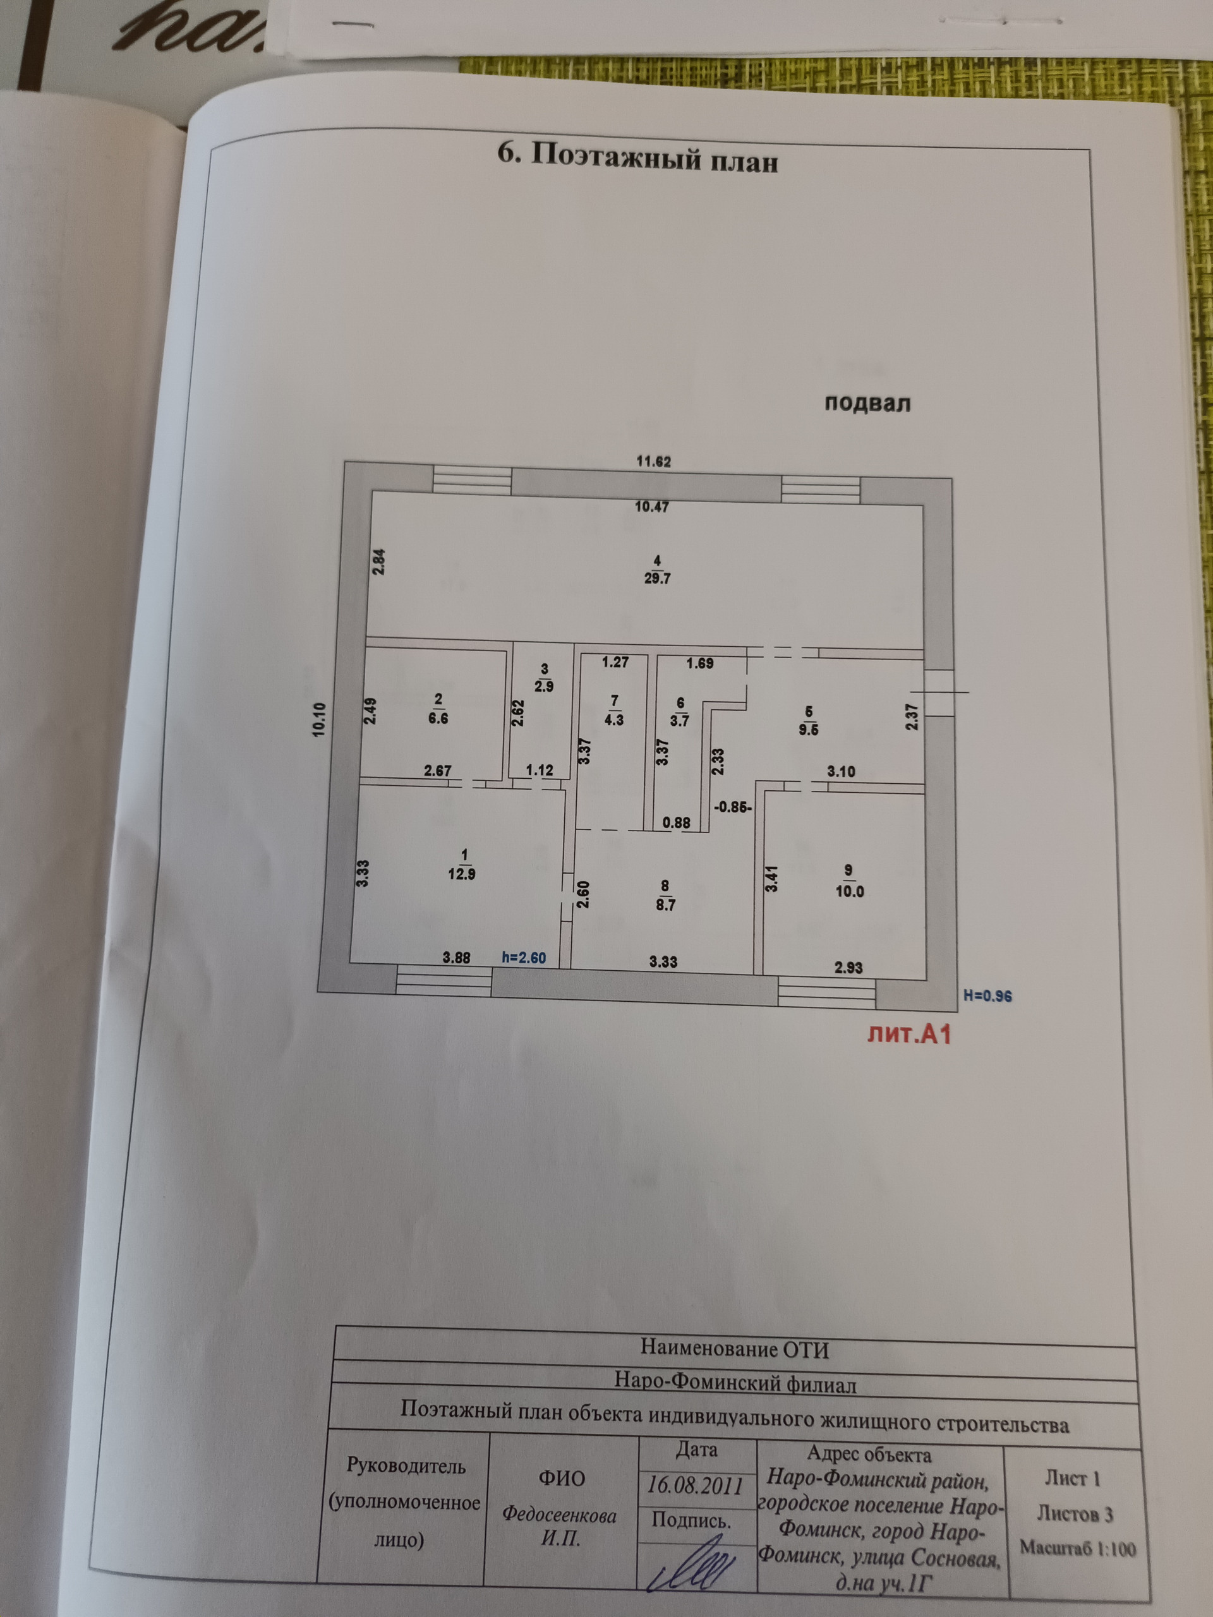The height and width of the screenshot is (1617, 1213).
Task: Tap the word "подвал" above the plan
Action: click(867, 403)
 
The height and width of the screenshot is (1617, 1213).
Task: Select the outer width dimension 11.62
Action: click(653, 461)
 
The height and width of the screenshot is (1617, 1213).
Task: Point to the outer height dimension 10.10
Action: click(320, 719)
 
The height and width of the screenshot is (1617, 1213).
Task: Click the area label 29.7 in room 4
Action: click(657, 578)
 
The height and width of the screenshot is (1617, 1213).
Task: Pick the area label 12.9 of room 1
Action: click(461, 874)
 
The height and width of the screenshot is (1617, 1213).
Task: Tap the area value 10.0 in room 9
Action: click(849, 892)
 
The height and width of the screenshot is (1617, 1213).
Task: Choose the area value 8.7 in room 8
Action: click(665, 905)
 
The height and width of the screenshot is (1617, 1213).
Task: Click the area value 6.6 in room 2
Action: click(438, 719)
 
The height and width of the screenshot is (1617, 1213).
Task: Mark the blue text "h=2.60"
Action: click(524, 958)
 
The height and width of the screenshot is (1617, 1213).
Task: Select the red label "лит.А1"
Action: click(909, 1035)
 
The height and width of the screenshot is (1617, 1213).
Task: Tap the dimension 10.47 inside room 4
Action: click(651, 507)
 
